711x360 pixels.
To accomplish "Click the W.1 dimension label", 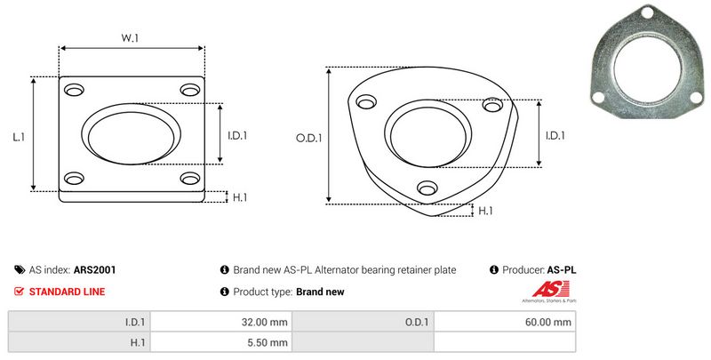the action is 130,38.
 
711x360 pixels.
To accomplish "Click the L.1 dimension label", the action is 19,137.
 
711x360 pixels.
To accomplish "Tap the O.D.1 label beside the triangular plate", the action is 308,138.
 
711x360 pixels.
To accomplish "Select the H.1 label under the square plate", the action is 240,197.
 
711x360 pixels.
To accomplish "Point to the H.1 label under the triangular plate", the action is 485,211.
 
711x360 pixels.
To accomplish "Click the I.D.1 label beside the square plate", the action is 237,136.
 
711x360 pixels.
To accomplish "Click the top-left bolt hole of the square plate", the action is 74,90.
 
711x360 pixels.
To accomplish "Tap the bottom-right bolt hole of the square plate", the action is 190,178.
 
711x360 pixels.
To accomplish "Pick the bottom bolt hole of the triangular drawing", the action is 427,188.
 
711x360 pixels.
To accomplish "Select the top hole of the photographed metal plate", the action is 648,13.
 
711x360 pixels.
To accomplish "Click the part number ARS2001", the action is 95,269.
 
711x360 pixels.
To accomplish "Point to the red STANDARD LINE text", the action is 68,292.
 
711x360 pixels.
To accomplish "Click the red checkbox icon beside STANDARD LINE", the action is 19,291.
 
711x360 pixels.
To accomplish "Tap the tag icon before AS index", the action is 20,269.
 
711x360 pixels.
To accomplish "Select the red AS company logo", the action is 550,292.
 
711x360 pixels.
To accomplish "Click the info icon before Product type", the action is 224,292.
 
